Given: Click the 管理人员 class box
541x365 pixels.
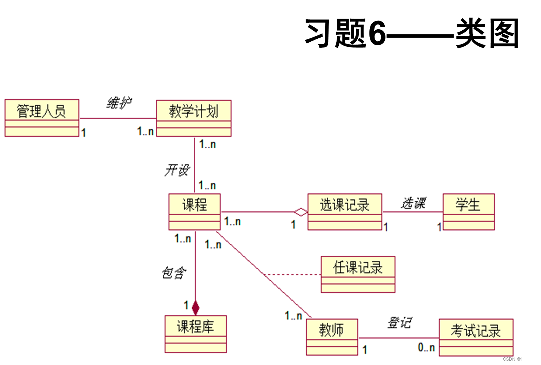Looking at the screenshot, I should [42, 118].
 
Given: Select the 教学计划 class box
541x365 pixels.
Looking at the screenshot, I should [193, 118].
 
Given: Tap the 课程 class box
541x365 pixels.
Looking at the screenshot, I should [195, 212].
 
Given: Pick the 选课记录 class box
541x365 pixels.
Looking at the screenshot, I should [345, 212].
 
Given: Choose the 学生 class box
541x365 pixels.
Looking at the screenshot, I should [468, 212].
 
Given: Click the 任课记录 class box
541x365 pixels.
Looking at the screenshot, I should [358, 274].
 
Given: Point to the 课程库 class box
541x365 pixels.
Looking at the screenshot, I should [196, 334].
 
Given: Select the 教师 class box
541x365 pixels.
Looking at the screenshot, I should [331, 337].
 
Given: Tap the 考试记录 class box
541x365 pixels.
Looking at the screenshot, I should [476, 337].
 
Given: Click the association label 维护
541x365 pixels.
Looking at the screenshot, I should [119, 103].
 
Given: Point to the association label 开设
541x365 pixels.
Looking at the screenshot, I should [177, 170].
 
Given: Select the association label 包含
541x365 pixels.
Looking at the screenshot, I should [174, 273].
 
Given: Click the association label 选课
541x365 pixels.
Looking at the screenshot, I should [413, 203].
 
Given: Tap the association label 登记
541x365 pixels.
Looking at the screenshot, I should [399, 323].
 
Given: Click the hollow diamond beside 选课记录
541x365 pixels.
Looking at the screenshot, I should [301, 212].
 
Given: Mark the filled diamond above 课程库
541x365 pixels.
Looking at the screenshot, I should [196, 308].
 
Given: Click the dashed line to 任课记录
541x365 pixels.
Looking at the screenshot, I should [292, 274].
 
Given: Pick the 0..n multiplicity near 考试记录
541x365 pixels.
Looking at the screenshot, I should [426, 347].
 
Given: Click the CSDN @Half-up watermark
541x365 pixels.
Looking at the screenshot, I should [519, 359].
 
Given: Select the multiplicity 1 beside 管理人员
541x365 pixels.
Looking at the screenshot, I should [84, 133].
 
